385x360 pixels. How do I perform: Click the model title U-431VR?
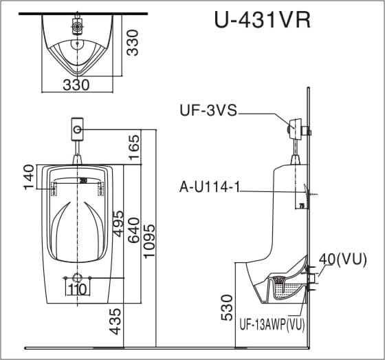[263, 20]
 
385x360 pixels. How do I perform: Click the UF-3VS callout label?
[208, 110]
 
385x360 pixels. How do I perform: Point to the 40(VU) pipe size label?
[342, 260]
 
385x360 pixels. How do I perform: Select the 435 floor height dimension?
[115, 321]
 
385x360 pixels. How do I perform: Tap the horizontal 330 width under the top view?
[76, 85]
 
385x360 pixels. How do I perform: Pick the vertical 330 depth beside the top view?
[132, 43]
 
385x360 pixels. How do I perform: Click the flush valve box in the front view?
[78, 129]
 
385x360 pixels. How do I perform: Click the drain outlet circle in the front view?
[77, 277]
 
